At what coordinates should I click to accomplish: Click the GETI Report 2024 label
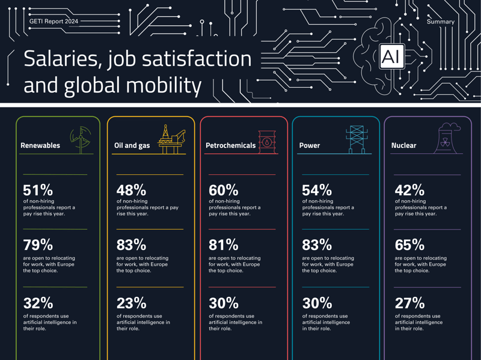click(54, 21)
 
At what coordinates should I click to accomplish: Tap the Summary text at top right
click(440, 22)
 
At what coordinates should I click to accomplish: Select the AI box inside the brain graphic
click(391, 57)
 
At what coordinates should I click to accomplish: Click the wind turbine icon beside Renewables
click(81, 139)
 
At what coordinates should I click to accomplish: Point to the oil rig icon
click(171, 139)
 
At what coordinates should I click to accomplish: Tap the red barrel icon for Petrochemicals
click(266, 142)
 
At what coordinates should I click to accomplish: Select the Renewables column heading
click(40, 145)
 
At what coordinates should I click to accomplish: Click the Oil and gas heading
click(132, 145)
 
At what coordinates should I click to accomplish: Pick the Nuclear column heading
click(403, 145)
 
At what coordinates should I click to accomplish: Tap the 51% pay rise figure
click(38, 190)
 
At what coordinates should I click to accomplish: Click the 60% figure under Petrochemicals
click(224, 190)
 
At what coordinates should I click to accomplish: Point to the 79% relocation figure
click(38, 245)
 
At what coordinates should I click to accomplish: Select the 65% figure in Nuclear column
click(409, 245)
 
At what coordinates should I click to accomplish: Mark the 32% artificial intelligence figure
click(38, 303)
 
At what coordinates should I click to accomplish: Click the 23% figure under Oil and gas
click(131, 303)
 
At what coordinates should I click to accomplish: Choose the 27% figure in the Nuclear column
click(409, 303)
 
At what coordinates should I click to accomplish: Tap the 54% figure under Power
click(317, 190)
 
